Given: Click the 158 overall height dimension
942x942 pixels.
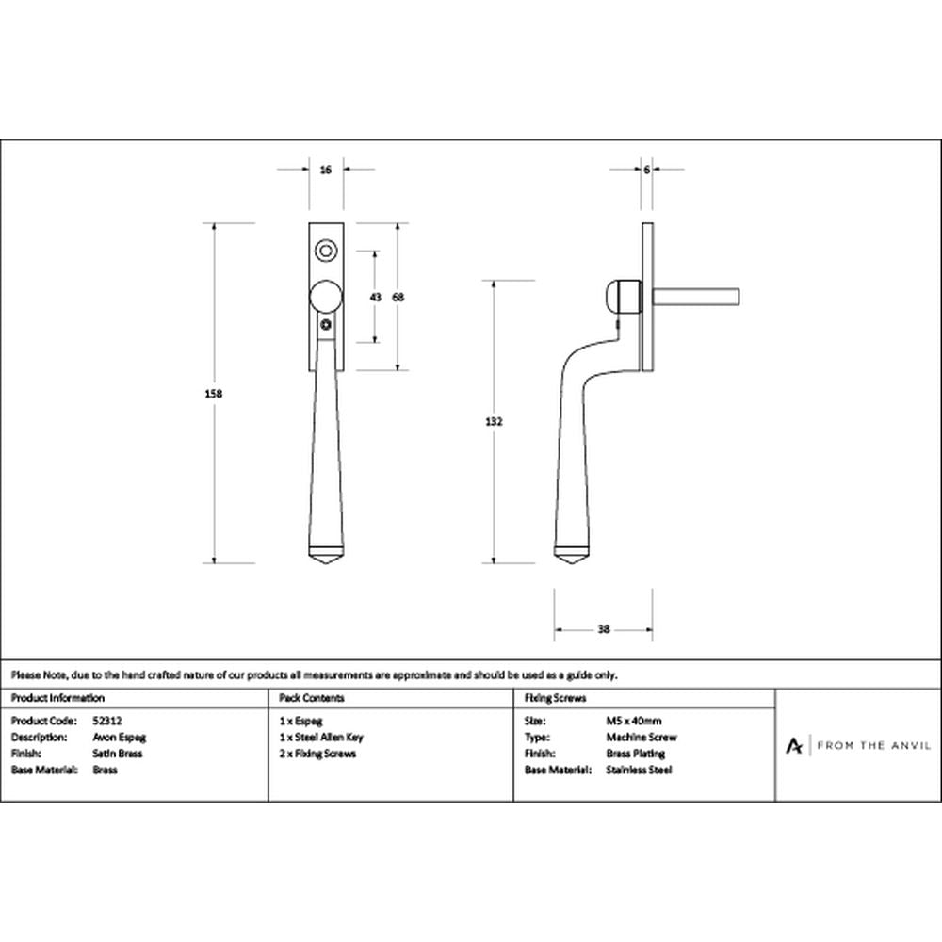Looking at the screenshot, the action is pos(213,394).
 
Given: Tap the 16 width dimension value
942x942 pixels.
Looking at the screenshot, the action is pos(326,170).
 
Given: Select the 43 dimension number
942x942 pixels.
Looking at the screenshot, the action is pos(376,297).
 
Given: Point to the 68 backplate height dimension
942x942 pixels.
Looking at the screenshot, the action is pos(398,297).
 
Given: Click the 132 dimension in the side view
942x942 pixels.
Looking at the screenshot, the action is pos(494,422).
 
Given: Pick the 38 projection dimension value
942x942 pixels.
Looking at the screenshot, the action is pos(604,629).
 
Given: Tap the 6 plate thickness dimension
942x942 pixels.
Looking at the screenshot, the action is pos(646,170).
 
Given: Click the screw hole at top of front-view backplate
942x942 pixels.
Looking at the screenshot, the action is pos(326,250).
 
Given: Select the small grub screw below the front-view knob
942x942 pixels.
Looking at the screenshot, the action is pos(326,326).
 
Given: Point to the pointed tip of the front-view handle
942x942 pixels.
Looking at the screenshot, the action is pos(326,565).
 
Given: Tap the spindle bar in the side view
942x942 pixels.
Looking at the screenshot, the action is pos(696,298).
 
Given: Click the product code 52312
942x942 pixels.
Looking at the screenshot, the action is pos(107,721).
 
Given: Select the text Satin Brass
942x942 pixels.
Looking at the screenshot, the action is pos(118,754).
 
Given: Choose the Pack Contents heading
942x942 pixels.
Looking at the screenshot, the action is pos(311,698).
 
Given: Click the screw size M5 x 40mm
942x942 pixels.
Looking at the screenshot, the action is pos(634,721).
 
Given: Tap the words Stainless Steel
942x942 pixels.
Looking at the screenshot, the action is pos(639,770).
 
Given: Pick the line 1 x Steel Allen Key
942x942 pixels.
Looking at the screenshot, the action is pos(321,738).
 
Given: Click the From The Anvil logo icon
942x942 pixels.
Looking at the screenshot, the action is pos(793,745).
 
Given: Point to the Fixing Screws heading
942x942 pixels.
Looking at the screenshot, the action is pos(555,698).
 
